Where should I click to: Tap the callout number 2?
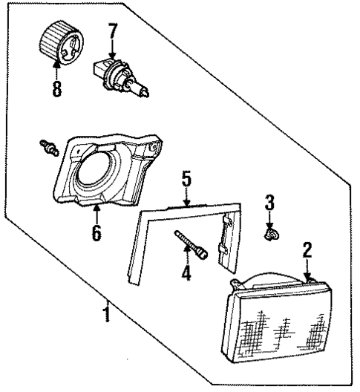[x=306, y=251]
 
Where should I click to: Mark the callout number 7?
[x=112, y=32]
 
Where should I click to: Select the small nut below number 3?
[x=272, y=235]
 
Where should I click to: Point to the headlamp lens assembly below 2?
[x=275, y=320]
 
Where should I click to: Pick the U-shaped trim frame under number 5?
[x=141, y=238]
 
